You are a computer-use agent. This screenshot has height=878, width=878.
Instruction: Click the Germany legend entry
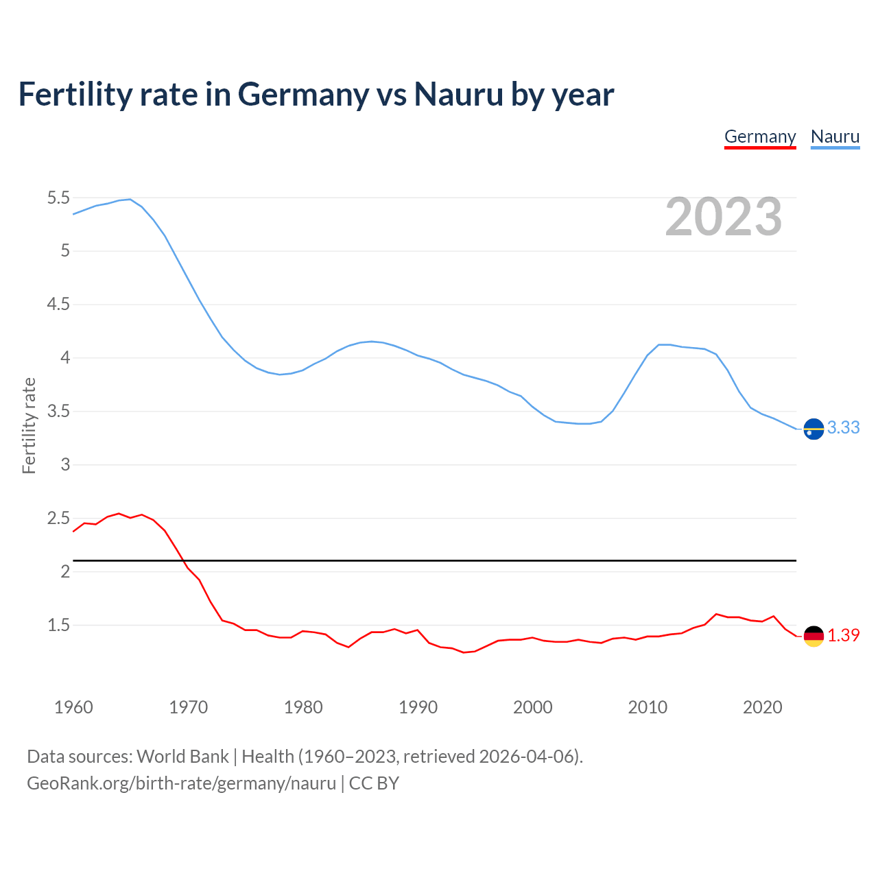760,137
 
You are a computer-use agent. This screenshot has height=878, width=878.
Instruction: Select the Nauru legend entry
835,137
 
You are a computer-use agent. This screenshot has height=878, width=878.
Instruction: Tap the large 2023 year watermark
724,217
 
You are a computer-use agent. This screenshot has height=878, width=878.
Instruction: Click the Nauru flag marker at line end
814,429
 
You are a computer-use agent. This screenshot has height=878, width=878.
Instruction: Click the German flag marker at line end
814,636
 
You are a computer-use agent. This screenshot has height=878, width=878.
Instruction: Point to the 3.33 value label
843,427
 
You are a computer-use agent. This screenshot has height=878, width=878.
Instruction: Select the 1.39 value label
843,635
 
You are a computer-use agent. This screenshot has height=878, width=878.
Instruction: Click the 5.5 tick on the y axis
58,198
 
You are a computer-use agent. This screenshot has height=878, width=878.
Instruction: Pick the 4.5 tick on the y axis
58,305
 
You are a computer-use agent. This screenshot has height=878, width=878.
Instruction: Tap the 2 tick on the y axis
65,571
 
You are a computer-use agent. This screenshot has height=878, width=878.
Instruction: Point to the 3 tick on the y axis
65,464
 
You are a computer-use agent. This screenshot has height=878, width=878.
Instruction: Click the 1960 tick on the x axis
73,707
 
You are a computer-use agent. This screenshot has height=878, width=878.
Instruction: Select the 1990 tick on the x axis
418,707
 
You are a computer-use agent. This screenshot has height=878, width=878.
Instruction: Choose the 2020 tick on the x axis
762,707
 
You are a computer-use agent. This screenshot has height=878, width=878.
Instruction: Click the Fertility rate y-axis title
29,425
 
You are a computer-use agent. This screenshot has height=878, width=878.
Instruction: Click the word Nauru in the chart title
458,94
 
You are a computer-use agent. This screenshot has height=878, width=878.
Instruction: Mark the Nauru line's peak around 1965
130,199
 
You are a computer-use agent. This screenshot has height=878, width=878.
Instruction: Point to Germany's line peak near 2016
716,614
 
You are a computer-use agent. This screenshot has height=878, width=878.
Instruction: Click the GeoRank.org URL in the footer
181,783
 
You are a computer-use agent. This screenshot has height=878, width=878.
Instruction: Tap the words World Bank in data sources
182,757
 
